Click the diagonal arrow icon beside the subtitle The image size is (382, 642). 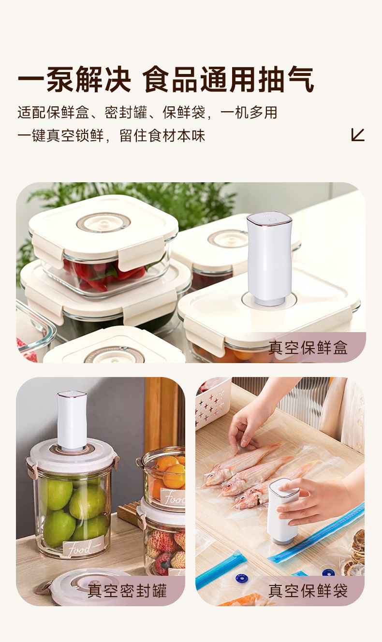click(358, 135)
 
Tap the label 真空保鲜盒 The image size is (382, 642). click(308, 348)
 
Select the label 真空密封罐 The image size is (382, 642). click(127, 591)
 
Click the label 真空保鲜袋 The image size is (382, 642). click(308, 591)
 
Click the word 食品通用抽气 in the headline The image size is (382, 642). click(228, 79)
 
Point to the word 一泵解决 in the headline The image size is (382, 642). click(74, 79)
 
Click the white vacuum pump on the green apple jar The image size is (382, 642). click(72, 420)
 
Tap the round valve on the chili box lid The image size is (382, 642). click(103, 223)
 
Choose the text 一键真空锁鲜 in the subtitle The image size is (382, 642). click(60, 135)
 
